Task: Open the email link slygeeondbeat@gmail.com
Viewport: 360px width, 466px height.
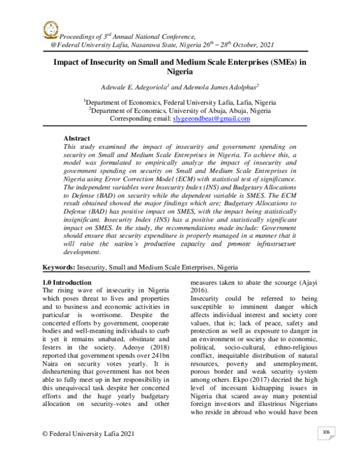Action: coord(203,119)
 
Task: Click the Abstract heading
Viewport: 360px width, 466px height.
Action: coord(77,138)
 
